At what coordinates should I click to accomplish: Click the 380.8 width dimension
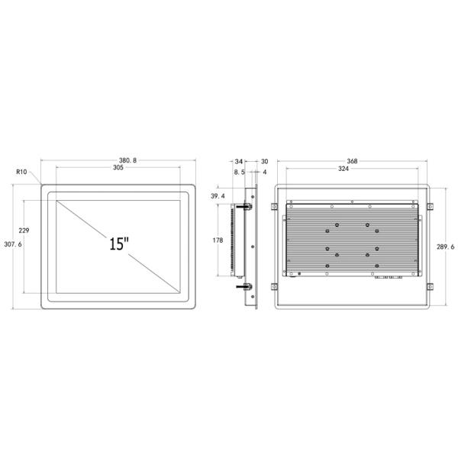(127, 160)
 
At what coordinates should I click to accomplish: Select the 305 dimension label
(118, 167)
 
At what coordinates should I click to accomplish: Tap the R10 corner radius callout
(21, 172)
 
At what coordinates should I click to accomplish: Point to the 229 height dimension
(24, 231)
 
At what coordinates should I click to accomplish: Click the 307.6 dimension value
(13, 244)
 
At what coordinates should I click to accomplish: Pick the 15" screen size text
(119, 244)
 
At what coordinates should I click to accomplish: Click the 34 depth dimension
(239, 161)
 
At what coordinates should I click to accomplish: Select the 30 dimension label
(264, 161)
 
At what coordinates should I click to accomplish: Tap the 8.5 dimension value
(239, 173)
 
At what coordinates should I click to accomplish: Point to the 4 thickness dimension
(265, 172)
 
